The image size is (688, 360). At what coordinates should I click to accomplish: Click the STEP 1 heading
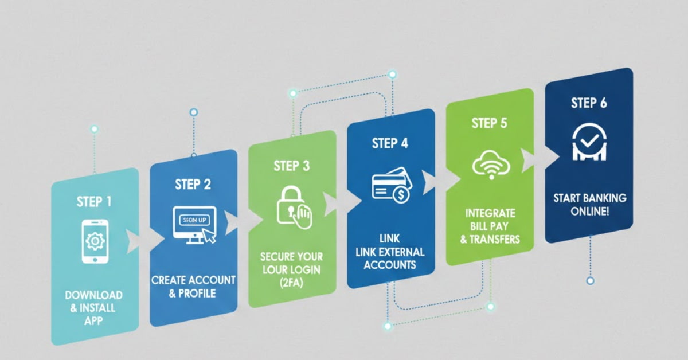[94, 202]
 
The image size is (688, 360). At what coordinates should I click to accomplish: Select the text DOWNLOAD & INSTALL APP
[93, 308]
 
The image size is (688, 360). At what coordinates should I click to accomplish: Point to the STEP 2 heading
[193, 184]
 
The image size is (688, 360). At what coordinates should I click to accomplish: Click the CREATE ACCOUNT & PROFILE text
[193, 287]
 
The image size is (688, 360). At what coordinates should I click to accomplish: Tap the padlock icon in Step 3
[292, 206]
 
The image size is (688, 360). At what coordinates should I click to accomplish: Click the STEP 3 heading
[291, 166]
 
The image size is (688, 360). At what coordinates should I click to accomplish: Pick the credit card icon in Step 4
[390, 185]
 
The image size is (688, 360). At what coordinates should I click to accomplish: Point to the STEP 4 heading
[390, 143]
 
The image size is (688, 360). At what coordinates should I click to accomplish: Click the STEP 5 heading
[489, 123]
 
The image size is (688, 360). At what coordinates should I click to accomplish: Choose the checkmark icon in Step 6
[589, 142]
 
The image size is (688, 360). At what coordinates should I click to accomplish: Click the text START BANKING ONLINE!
[589, 205]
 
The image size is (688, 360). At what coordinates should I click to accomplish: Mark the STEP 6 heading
[589, 103]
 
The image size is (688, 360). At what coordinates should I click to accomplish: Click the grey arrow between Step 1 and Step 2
[134, 241]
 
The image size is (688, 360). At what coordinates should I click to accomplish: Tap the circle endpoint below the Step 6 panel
[590, 281]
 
